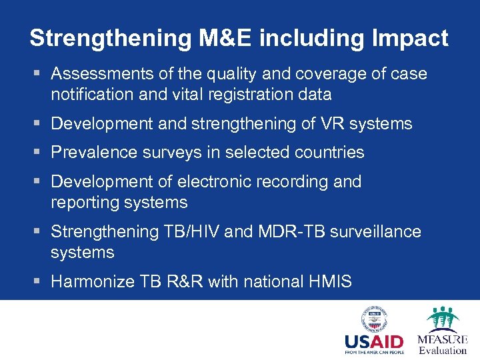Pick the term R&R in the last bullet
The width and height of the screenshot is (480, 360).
click(186, 282)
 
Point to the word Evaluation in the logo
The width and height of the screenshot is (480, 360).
click(443, 350)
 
